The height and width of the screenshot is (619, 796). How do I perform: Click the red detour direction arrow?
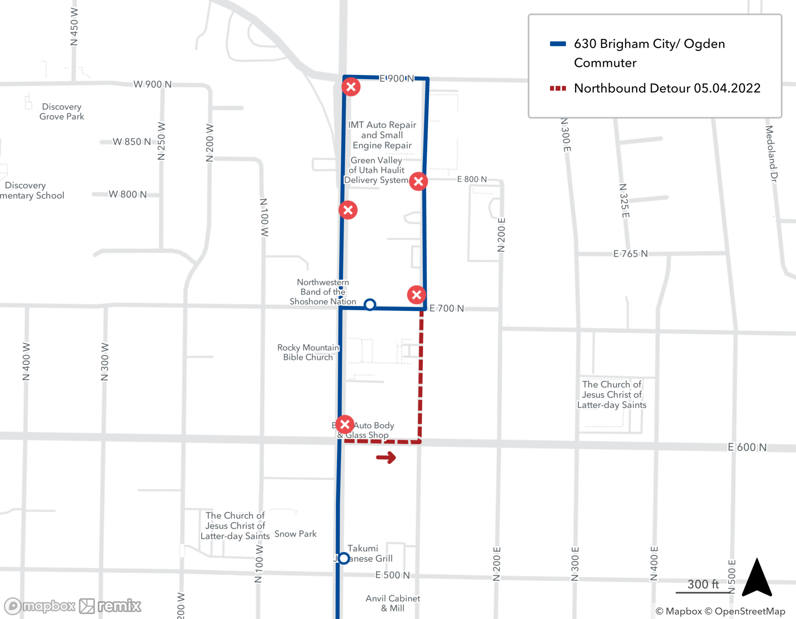(x=386, y=457)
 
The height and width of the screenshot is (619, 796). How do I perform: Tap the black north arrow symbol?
(x=757, y=578)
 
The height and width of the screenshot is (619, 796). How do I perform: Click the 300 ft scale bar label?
(x=703, y=584)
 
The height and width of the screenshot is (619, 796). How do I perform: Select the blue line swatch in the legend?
(x=558, y=44)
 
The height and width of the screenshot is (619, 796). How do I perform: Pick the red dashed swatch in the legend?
(x=558, y=88)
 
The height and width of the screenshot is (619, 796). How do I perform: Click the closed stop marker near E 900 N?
(x=351, y=87)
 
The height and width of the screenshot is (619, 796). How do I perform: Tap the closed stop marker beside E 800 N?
(x=418, y=181)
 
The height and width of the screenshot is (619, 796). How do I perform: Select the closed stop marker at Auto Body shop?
(x=345, y=424)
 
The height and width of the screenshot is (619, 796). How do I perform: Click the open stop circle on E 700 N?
(x=370, y=305)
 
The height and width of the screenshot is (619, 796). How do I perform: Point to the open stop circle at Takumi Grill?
(x=344, y=558)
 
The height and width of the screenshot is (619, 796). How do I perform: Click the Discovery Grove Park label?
(x=62, y=112)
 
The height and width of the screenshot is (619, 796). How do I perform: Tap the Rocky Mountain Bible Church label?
(x=308, y=352)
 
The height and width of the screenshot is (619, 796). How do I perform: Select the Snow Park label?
(x=295, y=534)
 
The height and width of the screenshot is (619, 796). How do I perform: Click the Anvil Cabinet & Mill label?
(x=393, y=603)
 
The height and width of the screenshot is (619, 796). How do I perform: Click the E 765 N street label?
(x=630, y=254)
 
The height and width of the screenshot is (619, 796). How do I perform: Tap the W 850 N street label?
(x=132, y=142)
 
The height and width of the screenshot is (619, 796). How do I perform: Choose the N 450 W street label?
(x=74, y=27)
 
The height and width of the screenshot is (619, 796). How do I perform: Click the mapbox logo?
(x=40, y=606)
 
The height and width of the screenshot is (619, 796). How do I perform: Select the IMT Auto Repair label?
(x=382, y=135)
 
